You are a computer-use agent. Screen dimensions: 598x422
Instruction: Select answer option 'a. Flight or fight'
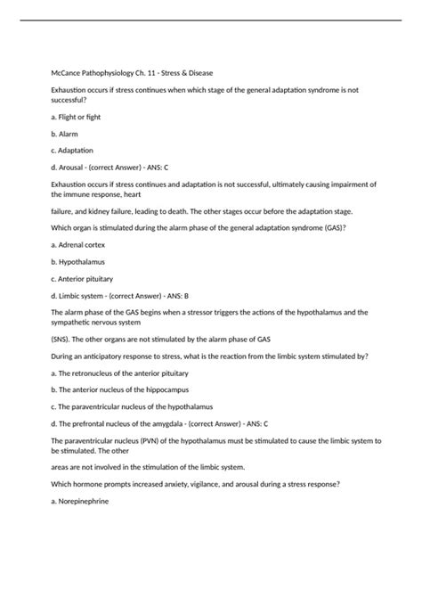click(x=81, y=118)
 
